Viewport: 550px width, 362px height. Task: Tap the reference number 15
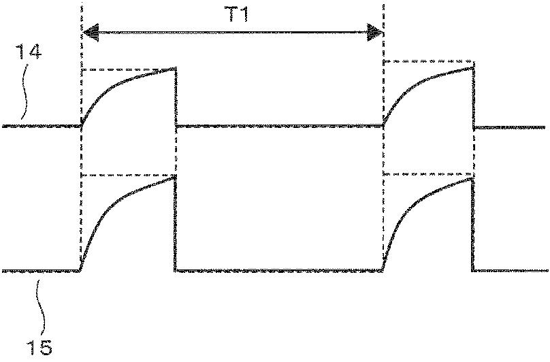[x=40, y=348]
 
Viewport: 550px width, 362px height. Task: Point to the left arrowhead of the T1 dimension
[x=88, y=31]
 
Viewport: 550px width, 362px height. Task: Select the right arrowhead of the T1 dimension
[x=376, y=31]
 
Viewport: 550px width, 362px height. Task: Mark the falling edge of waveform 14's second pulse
[x=472, y=95]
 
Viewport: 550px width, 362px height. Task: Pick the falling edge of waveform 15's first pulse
[x=176, y=225]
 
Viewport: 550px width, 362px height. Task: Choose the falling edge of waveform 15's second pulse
[x=472, y=225]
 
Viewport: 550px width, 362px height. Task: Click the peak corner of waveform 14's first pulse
[x=175, y=68]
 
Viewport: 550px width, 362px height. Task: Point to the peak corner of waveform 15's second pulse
[x=472, y=178]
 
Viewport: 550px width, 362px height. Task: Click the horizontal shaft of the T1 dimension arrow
[x=231, y=31]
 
